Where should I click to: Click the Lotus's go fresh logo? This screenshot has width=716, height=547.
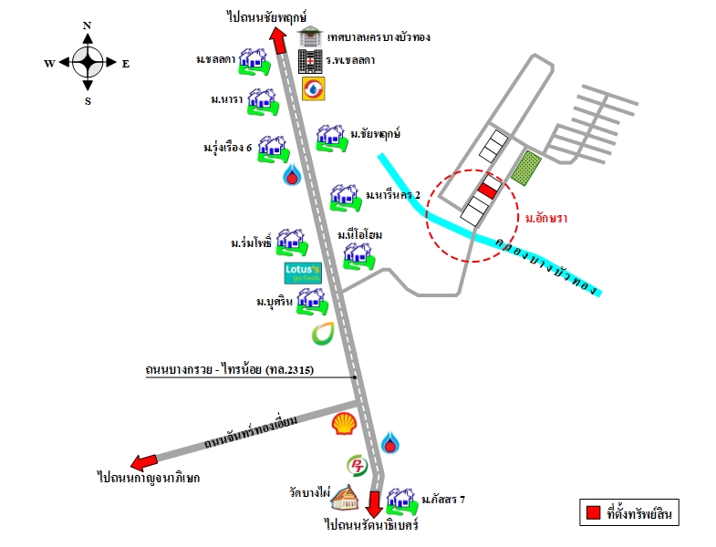point(303,273)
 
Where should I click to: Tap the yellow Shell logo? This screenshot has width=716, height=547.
point(344,423)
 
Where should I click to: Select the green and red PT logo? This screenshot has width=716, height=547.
point(357,465)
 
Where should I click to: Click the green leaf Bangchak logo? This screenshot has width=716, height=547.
point(323,334)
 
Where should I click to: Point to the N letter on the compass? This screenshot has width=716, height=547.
point(87,26)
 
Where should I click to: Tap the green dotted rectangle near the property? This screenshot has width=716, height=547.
point(526,168)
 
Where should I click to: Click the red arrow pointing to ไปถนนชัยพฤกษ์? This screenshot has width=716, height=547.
point(278,40)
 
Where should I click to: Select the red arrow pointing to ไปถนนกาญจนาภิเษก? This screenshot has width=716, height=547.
point(144,462)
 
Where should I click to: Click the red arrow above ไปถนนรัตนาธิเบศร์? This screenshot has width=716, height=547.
point(375,503)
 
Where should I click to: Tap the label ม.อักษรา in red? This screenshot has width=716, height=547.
point(545,218)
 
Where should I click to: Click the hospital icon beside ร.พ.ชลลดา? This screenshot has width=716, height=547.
point(310,62)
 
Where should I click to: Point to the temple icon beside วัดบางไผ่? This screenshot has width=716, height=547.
point(345,497)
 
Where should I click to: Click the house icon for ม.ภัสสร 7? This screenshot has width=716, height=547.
point(402,501)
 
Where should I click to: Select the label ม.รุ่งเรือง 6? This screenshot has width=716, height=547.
point(227,147)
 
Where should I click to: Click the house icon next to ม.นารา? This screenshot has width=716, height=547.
point(263,102)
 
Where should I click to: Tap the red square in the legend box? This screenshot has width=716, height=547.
point(593,512)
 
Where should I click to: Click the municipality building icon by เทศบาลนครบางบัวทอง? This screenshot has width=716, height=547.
point(310,36)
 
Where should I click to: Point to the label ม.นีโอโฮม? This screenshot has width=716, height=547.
point(360,234)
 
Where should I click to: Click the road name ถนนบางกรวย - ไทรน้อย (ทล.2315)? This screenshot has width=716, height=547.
point(230,369)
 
